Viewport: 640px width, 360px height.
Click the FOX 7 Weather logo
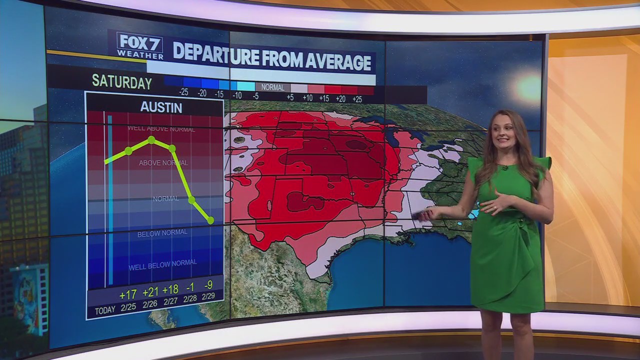click(140, 46)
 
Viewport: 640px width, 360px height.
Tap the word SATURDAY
click(121, 82)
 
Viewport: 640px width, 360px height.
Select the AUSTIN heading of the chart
click(161, 107)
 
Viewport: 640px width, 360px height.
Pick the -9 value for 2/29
click(208, 285)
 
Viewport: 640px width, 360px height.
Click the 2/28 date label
click(190, 298)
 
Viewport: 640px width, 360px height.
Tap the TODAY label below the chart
click(105, 310)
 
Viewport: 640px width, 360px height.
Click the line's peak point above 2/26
click(151, 139)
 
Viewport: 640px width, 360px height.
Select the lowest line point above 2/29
click(210, 220)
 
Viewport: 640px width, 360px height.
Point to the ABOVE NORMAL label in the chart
click(163, 163)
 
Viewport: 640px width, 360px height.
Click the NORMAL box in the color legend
click(272, 87)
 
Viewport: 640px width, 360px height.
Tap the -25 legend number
click(183, 93)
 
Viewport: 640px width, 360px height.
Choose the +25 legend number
click(357, 99)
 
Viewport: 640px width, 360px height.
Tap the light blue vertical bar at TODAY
click(110, 200)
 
